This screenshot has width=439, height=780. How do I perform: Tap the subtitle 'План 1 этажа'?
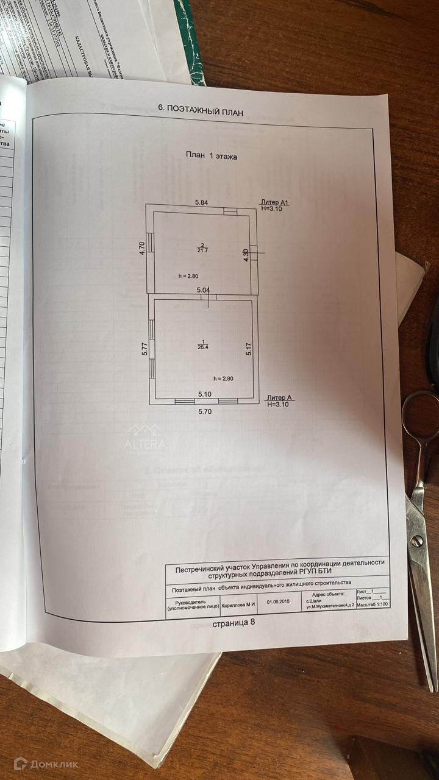[212, 156]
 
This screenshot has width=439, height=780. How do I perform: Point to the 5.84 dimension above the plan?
[202, 202]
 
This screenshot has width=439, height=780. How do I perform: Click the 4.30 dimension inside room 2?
[246, 255]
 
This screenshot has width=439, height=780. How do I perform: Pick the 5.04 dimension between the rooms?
[203, 290]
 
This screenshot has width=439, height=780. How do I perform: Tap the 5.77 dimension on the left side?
[145, 349]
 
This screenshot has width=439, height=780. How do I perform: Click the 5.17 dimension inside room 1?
[249, 349]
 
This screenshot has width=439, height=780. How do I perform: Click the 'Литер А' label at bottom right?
[280, 398]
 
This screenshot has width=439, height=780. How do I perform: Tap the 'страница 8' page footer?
[237, 624]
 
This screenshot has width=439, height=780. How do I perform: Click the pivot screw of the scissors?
[416, 540]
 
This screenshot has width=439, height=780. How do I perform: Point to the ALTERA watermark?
[145, 444]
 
